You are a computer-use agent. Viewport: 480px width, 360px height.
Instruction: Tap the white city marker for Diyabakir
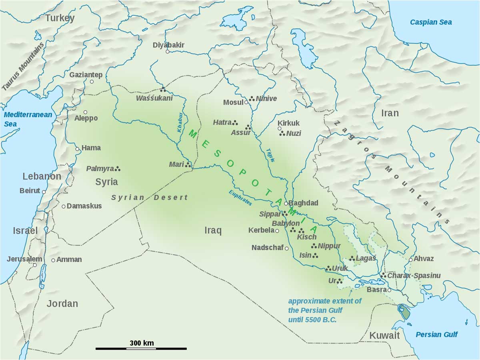point(168,52)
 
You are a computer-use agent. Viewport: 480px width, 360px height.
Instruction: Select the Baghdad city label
point(303,203)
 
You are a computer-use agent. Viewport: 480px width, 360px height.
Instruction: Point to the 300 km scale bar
point(141,348)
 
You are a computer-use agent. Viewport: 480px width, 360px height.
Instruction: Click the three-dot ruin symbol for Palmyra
point(118,169)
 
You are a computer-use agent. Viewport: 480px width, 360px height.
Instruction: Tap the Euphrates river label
point(240,198)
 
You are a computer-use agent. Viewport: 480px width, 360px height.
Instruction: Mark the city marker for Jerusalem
point(35,265)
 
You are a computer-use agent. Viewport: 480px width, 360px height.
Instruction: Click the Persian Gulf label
point(436,334)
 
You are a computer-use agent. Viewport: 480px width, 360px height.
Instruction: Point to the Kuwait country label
point(384,335)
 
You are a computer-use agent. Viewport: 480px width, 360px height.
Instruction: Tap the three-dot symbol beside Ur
point(340,281)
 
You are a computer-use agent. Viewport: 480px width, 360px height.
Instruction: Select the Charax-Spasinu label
point(414,276)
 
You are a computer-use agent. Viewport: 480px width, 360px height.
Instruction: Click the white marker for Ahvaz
point(410,260)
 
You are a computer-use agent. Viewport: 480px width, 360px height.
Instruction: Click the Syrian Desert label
point(149,197)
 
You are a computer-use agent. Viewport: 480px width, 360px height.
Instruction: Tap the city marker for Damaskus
point(63,206)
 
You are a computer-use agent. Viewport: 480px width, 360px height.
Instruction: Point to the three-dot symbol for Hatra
point(236,122)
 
